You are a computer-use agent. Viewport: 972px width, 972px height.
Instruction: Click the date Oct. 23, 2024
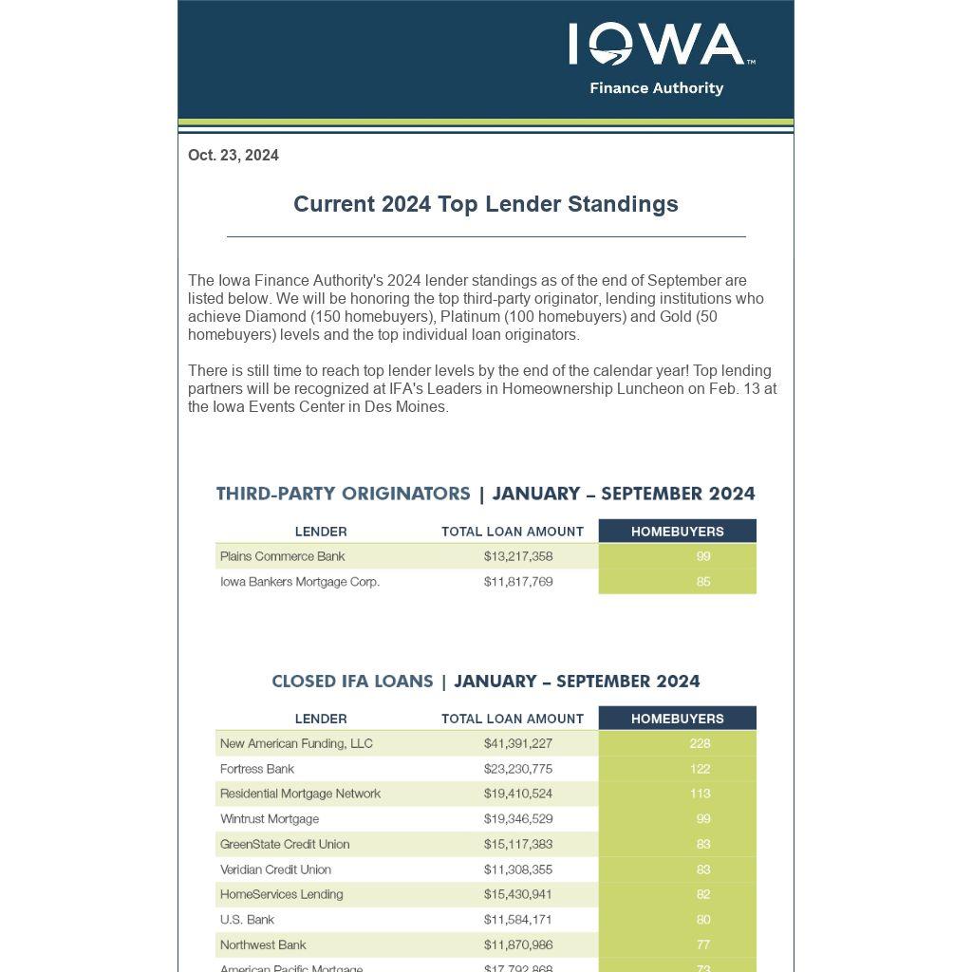234,156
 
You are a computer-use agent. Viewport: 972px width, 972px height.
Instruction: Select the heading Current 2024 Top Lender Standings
485,204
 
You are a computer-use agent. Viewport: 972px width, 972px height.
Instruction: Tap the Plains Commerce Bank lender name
283,556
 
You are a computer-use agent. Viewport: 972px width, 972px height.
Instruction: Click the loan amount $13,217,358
518,556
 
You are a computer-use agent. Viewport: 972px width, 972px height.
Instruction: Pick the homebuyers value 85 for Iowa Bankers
702,582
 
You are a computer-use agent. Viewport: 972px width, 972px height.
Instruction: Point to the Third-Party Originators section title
344,494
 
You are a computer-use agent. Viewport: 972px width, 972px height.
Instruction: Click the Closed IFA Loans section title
352,682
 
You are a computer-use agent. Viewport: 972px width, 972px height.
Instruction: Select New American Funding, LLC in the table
296,743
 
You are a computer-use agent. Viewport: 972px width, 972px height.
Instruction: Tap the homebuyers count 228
701,743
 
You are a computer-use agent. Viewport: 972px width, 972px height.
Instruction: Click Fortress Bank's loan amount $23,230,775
518,769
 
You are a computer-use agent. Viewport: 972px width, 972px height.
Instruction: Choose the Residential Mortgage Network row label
300,794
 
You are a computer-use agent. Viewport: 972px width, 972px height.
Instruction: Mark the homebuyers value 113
701,794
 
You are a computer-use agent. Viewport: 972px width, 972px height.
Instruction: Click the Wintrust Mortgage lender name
270,819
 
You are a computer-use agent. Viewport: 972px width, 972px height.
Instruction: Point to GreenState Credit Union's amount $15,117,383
518,844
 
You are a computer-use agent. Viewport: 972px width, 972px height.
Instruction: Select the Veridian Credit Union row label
275,869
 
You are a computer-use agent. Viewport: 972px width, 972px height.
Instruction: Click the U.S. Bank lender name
247,920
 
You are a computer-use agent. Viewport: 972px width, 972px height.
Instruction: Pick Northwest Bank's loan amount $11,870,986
518,944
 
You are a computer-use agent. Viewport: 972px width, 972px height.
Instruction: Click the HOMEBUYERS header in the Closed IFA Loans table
677,719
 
